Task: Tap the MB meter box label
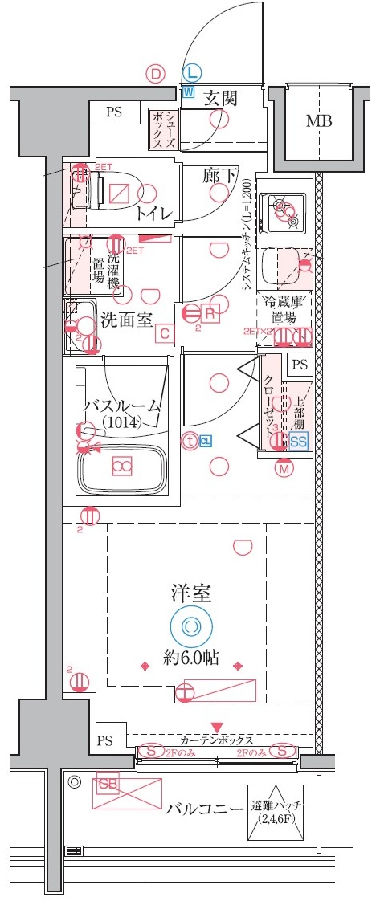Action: click(x=319, y=122)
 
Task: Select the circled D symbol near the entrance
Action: click(x=156, y=73)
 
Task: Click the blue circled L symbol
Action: click(x=190, y=73)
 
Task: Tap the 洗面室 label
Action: click(x=126, y=320)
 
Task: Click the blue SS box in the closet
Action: click(x=298, y=441)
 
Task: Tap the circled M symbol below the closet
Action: click(x=283, y=469)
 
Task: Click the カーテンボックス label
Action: click(x=217, y=740)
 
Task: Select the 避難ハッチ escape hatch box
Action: click(x=276, y=813)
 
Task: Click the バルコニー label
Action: click(x=204, y=807)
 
